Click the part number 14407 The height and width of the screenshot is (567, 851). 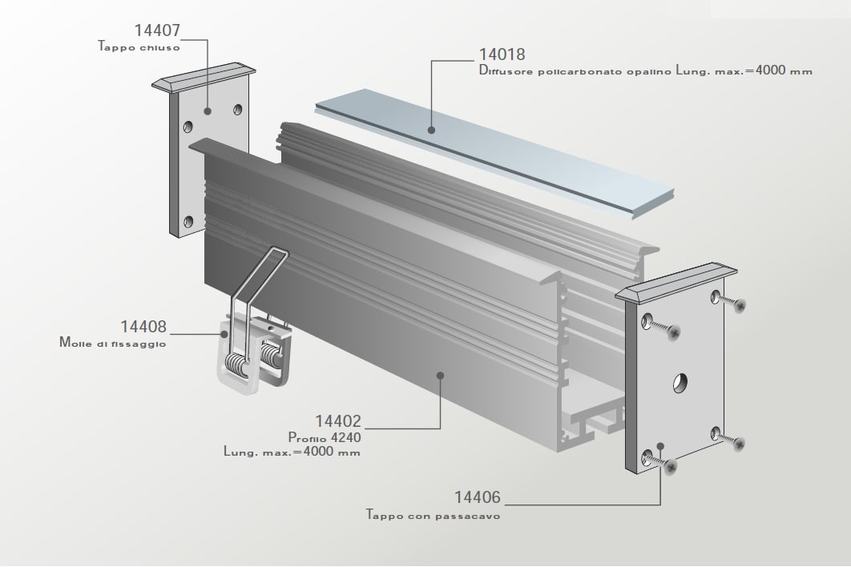tap(157, 30)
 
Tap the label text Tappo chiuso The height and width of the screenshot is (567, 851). tap(139, 46)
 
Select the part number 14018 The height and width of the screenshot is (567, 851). tap(502, 54)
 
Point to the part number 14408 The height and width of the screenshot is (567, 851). tap(143, 327)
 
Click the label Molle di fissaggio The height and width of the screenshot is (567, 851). tap(113, 343)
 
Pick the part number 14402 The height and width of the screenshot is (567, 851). tap(338, 421)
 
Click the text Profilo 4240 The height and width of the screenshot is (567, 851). tap(325, 436)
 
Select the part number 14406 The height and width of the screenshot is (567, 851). tap(477, 497)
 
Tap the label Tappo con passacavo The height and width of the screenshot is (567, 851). tap(433, 515)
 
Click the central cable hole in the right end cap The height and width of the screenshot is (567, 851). tap(680, 383)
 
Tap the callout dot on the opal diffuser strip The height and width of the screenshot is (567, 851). tap(431, 130)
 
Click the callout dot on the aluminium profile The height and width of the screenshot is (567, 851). tap(441, 376)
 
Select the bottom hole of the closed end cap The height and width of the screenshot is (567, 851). tap(189, 221)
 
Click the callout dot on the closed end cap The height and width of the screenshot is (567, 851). tap(208, 111)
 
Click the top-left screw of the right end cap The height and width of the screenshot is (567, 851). tap(661, 327)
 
